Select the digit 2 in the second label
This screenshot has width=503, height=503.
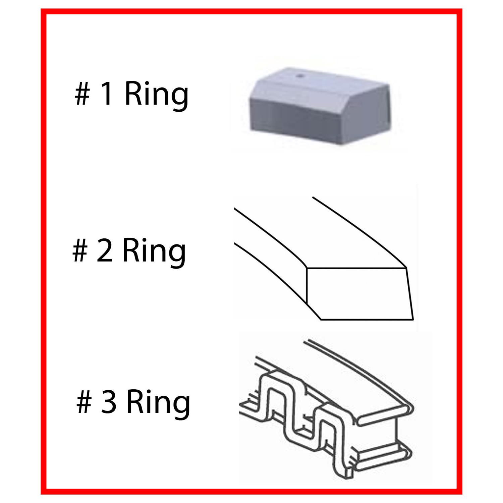[x=105, y=250]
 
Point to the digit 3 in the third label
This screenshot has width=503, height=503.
[x=109, y=402]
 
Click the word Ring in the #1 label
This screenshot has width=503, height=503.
[x=156, y=97]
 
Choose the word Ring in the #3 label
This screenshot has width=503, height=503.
[x=158, y=405]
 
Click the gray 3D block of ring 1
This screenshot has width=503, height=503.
[x=319, y=107]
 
